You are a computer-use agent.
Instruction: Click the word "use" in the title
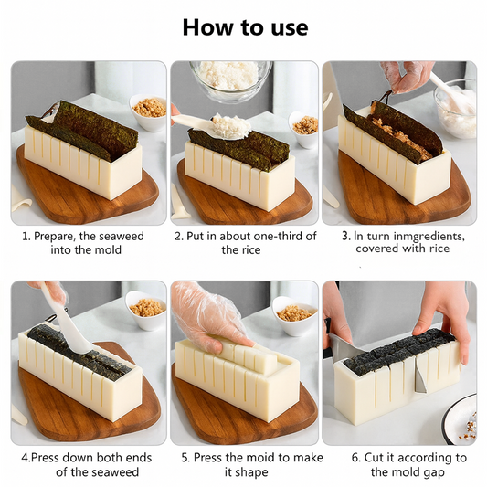pos(290,28)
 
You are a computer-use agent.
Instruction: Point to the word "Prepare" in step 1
pos(55,237)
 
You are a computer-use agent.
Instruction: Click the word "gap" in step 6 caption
pos(434,472)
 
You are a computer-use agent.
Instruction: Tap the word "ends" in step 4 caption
pos(139,458)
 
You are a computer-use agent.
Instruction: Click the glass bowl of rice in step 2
pos(230,79)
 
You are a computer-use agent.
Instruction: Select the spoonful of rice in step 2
pos(232,126)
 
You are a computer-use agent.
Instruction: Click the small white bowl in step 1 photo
pos(148,111)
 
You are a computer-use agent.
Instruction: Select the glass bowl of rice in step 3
pos(456,109)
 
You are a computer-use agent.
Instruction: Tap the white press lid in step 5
pos(246,355)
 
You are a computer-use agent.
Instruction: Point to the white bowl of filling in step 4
pos(146,311)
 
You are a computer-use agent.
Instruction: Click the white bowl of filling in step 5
pos(294,316)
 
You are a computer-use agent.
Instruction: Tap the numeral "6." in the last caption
pos(356,458)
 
